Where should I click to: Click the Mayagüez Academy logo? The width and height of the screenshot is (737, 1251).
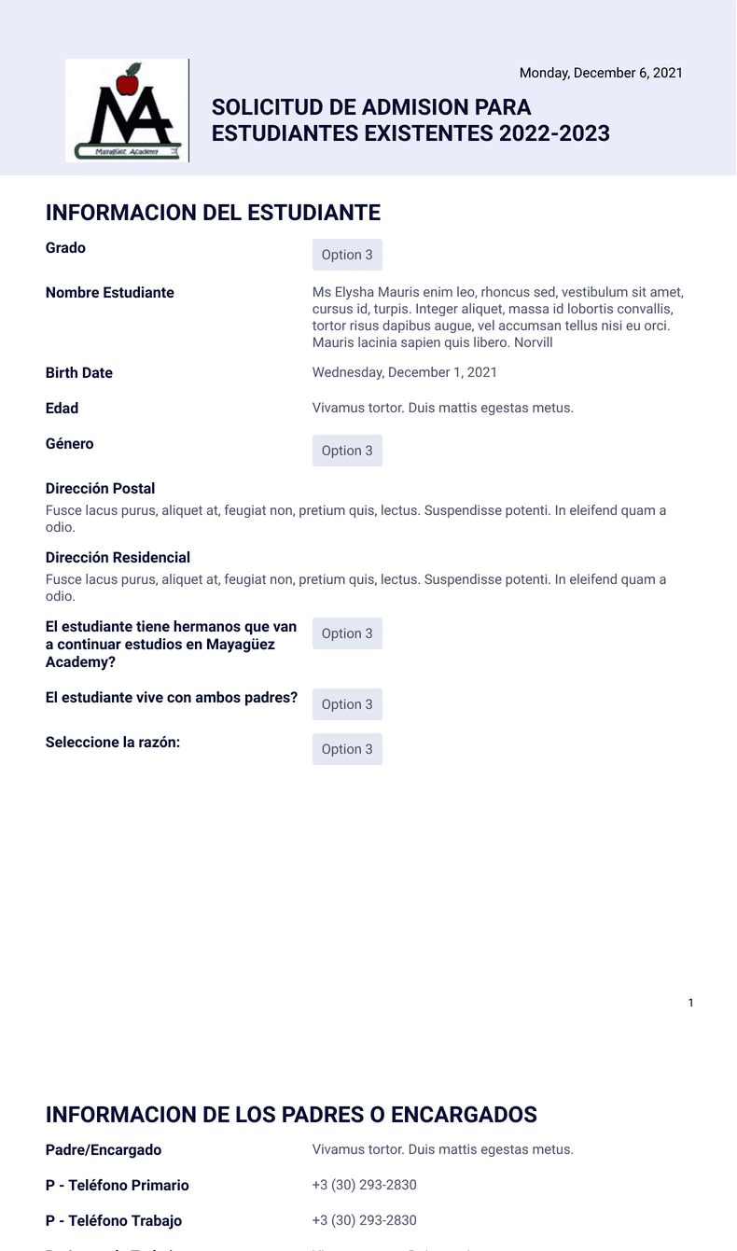[127, 111]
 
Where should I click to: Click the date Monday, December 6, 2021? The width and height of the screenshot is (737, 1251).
[601, 73]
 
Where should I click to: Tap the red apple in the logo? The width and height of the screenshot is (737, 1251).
[128, 82]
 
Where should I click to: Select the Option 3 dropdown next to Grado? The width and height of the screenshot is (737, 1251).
[347, 255]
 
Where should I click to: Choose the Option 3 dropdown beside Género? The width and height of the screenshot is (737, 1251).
[347, 451]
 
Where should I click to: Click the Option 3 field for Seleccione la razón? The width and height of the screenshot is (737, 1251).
[347, 749]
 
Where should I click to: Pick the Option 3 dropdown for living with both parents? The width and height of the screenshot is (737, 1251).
[347, 704]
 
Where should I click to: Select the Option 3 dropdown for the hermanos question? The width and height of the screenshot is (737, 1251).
[347, 633]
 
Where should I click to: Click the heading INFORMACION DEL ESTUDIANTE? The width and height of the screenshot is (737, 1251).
[213, 213]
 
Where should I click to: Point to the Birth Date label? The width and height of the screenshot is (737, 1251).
[79, 373]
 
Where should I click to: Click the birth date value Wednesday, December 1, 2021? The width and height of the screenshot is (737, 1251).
[405, 373]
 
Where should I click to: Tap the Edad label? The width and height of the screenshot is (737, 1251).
[63, 409]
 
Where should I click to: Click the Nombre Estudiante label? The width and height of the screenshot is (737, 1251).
[110, 293]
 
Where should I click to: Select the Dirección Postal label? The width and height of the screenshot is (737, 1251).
[101, 489]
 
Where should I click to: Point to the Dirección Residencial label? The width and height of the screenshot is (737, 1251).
[118, 558]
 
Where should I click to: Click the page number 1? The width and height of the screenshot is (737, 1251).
[690, 1003]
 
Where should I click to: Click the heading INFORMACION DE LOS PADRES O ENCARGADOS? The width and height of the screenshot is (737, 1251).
[291, 1115]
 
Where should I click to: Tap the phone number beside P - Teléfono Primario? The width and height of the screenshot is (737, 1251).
[365, 1186]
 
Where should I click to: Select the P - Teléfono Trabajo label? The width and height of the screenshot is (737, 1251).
[114, 1221]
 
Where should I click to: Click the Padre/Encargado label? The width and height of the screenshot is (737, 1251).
[104, 1150]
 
